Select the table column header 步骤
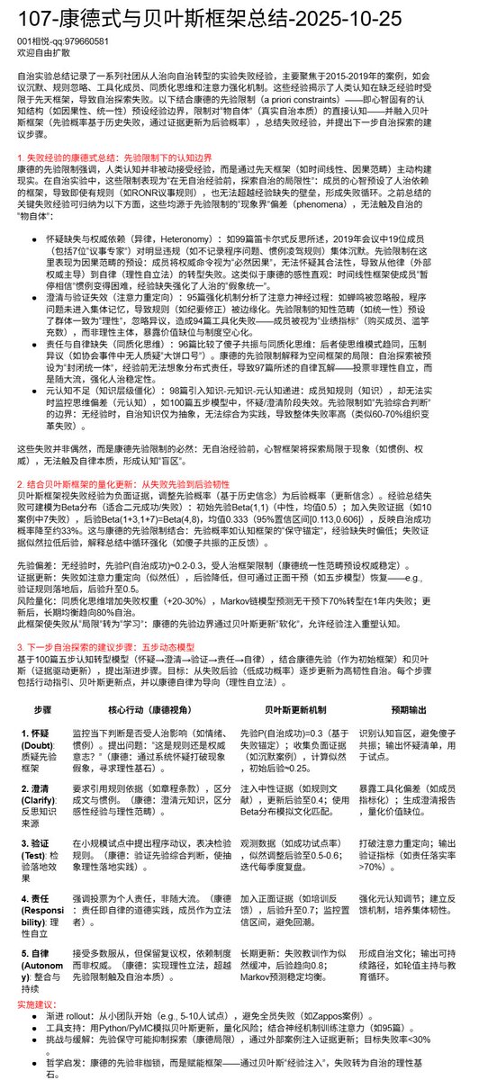click(43, 710)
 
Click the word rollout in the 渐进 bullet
click(87, 1014)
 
